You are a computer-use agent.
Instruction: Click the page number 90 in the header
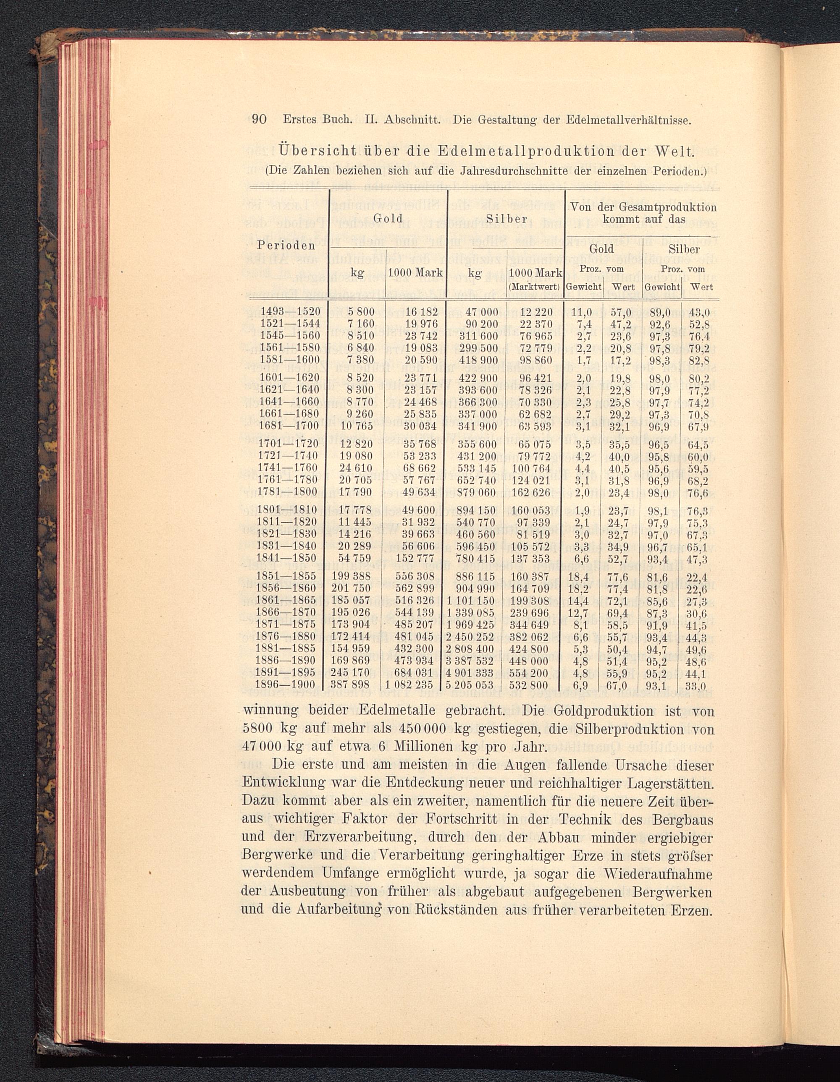point(259,120)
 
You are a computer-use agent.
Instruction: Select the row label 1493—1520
point(291,312)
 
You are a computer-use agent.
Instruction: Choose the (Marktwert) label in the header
point(534,286)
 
